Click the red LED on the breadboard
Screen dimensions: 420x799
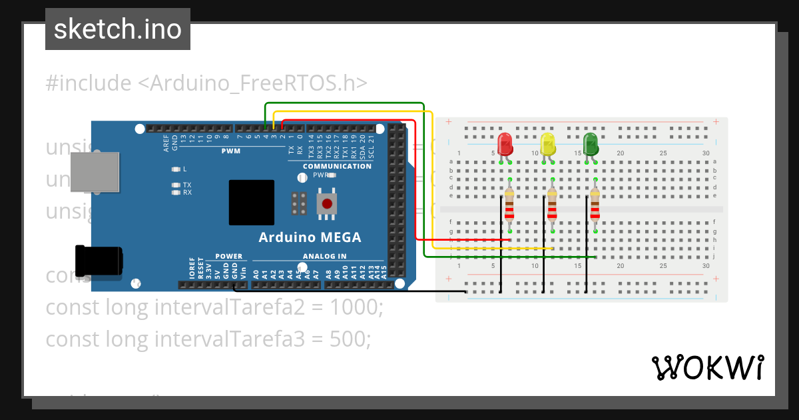[505, 144]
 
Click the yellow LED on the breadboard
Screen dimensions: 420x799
[547, 144]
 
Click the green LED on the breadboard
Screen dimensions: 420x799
[590, 144]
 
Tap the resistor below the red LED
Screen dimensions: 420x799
[509, 204]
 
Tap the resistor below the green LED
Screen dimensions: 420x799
[595, 204]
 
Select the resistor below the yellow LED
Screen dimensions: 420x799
[552, 204]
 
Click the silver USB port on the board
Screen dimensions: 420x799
[95, 171]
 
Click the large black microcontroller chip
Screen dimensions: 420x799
[251, 203]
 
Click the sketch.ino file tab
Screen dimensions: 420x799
[118, 29]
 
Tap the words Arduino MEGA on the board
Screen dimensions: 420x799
[310, 237]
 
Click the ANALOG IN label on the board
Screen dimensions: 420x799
[324, 256]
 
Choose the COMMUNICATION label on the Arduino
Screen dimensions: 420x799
[337, 166]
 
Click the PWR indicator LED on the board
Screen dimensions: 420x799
[331, 175]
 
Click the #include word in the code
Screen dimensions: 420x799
[89, 83]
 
